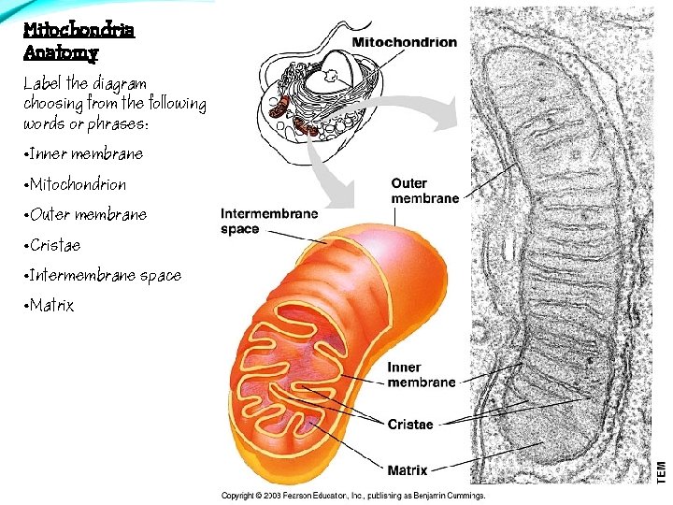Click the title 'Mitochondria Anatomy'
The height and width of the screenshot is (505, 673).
[x=79, y=41]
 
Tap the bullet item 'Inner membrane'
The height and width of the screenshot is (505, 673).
[x=86, y=153]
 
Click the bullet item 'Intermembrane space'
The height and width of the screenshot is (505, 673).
[x=105, y=275]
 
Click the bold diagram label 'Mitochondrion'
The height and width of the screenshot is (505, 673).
[x=404, y=42]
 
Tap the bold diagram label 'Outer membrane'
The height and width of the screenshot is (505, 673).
[x=424, y=191]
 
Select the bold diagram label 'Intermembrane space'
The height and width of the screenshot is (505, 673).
[x=268, y=221]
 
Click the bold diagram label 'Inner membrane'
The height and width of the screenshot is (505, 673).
[x=421, y=375]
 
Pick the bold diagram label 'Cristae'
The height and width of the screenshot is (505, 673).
[x=410, y=425]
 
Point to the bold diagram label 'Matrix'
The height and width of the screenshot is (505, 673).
[x=408, y=469]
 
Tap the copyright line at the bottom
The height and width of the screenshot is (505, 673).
[x=352, y=495]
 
